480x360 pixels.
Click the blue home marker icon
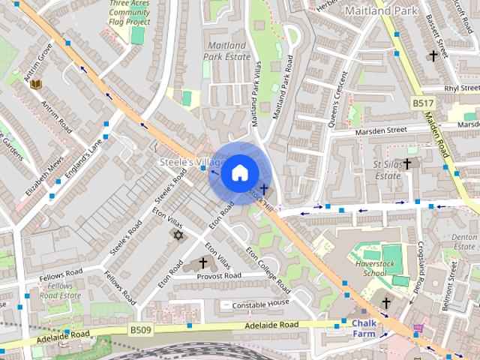coord(238,173)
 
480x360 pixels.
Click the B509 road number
coord(140,329)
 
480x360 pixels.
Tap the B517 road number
coord(423,101)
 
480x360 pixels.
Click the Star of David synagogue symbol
coord(178,235)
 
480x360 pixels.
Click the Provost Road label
coord(218,276)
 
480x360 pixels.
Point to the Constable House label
coord(260,303)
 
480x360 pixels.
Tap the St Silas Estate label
coord(387,169)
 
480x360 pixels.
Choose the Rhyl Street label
coord(460,88)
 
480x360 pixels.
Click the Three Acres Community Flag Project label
coord(129,12)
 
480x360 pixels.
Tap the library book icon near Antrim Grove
coord(35,84)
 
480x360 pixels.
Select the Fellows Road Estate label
coord(60,290)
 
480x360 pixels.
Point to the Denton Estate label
coord(464,241)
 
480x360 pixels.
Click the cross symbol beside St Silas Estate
coord(407,163)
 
